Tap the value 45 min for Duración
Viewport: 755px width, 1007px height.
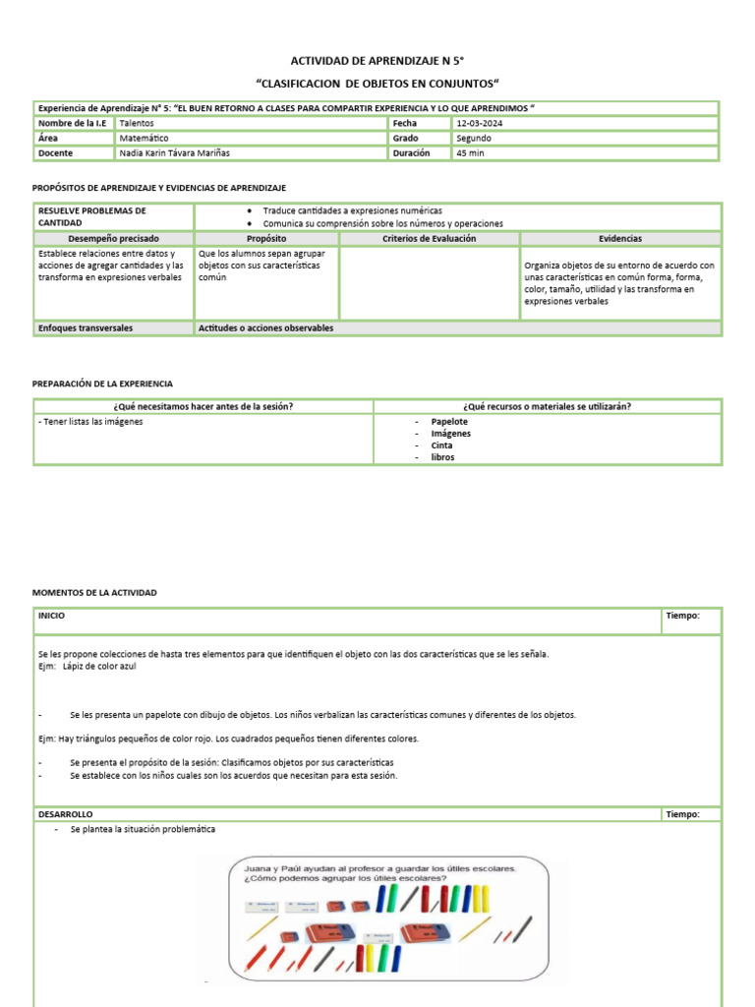(471, 153)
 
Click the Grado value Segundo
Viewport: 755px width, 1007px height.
(474, 139)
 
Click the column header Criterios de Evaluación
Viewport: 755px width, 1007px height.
(429, 239)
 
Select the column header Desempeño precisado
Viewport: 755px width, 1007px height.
(113, 239)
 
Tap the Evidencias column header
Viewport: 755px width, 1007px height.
(620, 239)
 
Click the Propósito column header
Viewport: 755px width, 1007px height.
(266, 239)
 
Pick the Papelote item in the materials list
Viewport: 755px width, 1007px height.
(449, 422)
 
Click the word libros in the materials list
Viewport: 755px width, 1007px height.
(442, 457)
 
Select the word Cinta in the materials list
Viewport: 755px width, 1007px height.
(442, 445)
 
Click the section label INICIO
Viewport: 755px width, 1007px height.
(52, 615)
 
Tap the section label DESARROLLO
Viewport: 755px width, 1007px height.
(65, 814)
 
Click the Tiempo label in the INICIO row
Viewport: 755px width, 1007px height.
(682, 616)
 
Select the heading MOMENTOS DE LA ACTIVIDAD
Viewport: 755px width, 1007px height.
(94, 593)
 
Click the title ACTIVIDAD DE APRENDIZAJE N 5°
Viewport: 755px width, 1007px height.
(377, 61)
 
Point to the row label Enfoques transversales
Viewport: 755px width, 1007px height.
(86, 327)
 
